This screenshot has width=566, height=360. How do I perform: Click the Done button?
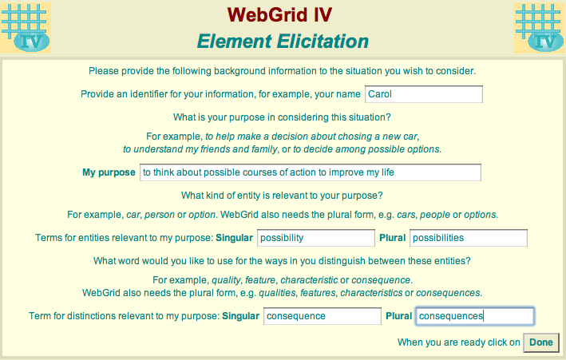[541, 342]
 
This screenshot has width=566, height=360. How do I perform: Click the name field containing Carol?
[424, 94]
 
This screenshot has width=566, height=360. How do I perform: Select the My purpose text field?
[311, 172]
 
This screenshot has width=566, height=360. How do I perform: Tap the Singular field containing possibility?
[316, 238]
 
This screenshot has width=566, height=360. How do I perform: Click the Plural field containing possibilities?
[469, 238]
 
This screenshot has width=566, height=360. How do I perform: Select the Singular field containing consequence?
[323, 316]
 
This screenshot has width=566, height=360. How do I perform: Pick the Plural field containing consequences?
[475, 316]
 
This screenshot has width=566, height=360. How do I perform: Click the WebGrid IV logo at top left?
[26, 28]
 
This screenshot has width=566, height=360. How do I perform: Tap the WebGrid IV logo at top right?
[540, 28]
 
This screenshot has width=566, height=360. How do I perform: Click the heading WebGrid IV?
[279, 15]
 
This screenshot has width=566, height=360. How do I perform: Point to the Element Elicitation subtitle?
[283, 42]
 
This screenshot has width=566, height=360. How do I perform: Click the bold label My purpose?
[109, 172]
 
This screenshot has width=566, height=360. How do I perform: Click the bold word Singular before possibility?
[234, 238]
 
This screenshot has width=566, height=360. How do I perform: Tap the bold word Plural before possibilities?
[393, 238]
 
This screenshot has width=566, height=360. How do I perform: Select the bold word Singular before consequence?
[241, 316]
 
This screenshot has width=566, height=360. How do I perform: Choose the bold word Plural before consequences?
[399, 316]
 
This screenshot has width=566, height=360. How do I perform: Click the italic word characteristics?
[371, 293]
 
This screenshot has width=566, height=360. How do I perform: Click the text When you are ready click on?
[459, 342]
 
